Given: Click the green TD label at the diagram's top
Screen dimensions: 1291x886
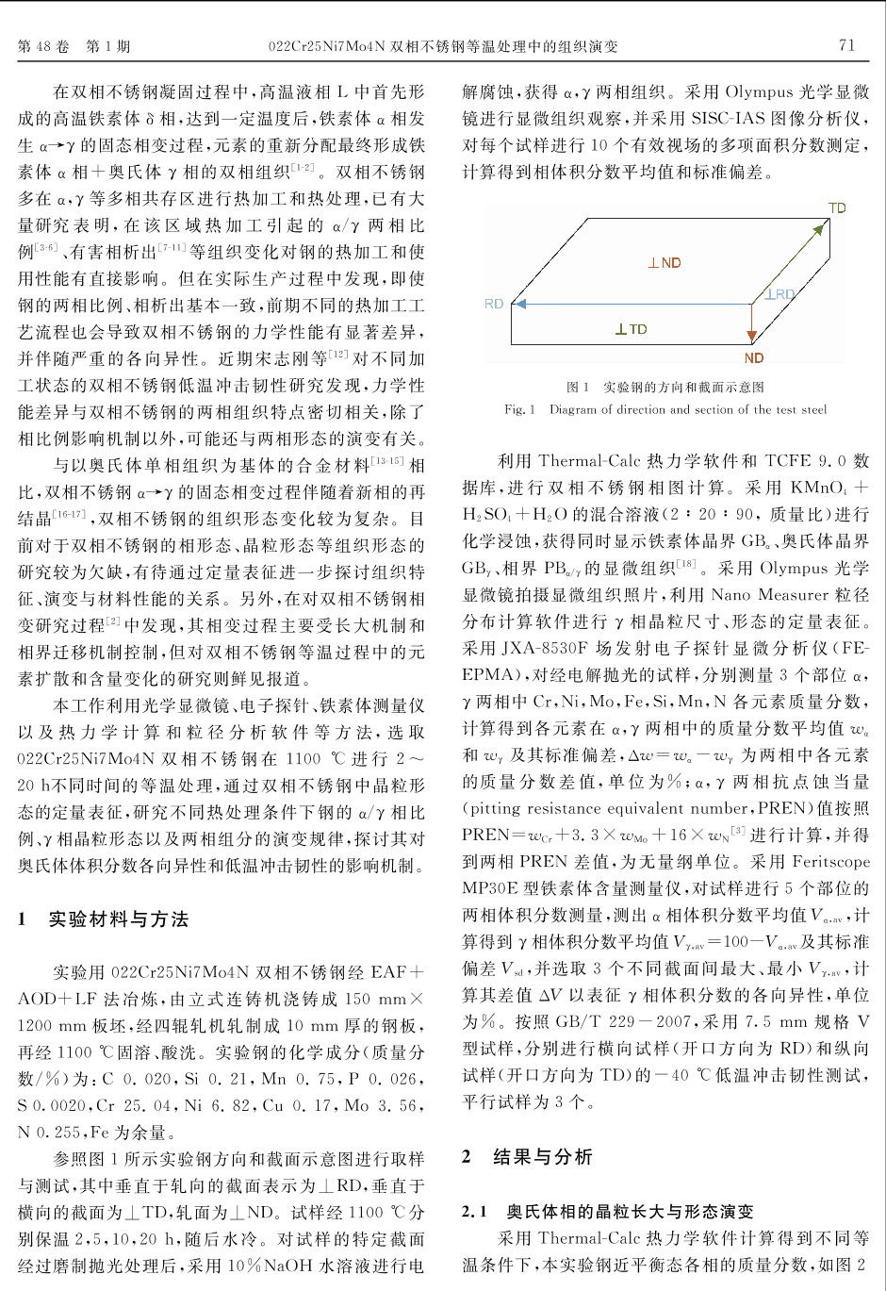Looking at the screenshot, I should pyautogui.click(x=837, y=207).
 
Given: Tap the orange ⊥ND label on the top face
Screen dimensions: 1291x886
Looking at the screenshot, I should pyautogui.click(x=664, y=263).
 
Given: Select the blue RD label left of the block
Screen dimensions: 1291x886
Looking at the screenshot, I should pyautogui.click(x=494, y=304).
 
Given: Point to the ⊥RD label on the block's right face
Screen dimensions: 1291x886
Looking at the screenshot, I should pyautogui.click(x=779, y=295).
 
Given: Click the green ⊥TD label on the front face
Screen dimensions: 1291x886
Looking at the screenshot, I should pyautogui.click(x=632, y=329).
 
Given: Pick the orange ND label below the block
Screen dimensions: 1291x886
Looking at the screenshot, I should pyautogui.click(x=753, y=358).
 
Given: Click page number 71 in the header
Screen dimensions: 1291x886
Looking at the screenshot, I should pyautogui.click(x=846, y=44).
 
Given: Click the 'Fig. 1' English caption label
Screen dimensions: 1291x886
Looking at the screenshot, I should pyautogui.click(x=519, y=409).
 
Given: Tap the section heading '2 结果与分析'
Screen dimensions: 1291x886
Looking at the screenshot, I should pyautogui.click(x=527, y=1157).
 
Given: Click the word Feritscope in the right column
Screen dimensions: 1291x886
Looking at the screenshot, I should pyautogui.click(x=830, y=862).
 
